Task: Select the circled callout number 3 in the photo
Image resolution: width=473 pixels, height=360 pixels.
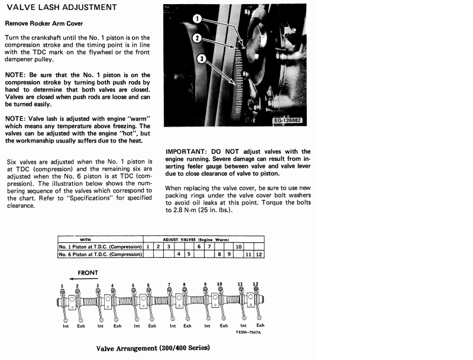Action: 202,59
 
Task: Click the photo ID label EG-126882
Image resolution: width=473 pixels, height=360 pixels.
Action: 288,121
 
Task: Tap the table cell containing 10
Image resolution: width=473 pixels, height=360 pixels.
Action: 239,246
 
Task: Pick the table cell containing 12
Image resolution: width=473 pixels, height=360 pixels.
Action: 260,254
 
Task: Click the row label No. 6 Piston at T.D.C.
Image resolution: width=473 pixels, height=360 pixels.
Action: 101,254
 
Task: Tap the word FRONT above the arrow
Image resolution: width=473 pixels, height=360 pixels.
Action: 87,273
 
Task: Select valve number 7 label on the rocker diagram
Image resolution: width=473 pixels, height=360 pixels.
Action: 169,284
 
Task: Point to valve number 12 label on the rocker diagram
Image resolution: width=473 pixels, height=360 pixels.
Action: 255,284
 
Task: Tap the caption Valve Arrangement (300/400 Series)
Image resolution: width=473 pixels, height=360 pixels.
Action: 152,348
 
